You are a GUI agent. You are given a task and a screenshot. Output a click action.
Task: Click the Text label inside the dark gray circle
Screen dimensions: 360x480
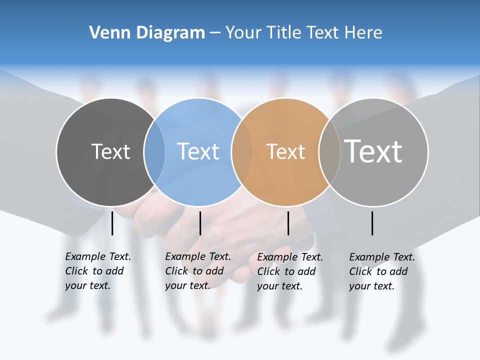pos(111,151)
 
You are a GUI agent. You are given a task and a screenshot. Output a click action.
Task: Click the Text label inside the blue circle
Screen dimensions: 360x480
pos(198,151)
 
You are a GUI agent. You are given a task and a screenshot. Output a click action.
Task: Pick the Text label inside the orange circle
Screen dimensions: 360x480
pos(285,151)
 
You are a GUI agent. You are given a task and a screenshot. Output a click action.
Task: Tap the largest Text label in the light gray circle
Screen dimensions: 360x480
pos(373,151)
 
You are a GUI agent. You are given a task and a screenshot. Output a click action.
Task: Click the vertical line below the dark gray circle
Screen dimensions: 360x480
pos(112,223)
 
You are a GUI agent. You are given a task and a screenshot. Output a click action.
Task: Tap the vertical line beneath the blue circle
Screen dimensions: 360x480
pos(200,223)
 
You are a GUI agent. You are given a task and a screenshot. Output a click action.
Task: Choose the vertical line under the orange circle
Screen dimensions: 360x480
pos(288,223)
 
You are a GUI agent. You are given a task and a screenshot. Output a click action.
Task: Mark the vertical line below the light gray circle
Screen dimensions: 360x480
pos(372,223)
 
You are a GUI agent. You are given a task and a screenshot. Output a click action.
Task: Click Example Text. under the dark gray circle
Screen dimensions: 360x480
pos(98,256)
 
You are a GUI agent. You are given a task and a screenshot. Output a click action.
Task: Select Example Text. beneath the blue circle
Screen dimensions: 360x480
pos(198,256)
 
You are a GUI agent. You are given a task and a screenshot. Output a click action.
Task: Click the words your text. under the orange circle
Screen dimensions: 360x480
pos(279,286)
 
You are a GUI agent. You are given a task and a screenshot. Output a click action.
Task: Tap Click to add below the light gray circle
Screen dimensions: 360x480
pos(378,271)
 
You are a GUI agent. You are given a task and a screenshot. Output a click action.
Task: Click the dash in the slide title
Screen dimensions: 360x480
pos(215,33)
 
